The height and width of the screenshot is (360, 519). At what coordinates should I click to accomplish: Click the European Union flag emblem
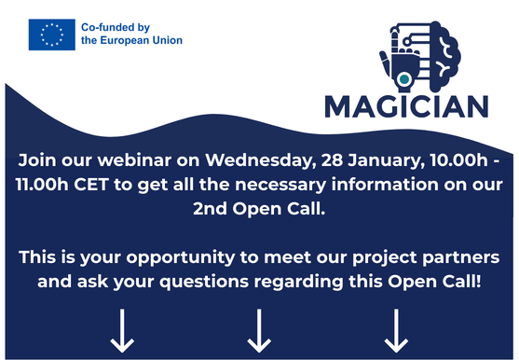coord(52,35)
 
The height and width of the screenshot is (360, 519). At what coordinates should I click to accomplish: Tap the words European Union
coord(142,40)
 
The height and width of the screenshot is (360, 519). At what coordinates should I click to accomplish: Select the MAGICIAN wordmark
coord(406,106)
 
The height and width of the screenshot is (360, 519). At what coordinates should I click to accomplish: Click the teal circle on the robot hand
coord(403,79)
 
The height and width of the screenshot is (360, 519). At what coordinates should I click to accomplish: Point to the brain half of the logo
coord(444,56)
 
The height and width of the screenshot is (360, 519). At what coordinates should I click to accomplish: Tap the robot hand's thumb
coord(384,62)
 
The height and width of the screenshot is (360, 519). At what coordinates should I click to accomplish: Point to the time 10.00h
coord(459,160)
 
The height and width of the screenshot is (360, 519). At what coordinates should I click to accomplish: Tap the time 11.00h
coord(42,184)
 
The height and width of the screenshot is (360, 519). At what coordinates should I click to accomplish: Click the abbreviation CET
coord(91,184)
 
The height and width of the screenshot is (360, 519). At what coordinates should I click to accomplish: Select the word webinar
coord(134,160)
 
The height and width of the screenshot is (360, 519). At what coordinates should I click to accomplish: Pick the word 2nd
coord(210,209)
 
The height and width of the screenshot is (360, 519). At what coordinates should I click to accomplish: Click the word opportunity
coord(181,258)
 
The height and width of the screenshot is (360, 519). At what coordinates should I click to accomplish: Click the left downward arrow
coord(122,330)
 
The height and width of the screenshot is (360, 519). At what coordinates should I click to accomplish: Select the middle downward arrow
coord(259,330)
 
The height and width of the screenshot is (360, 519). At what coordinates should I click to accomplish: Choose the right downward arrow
coord(396,330)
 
